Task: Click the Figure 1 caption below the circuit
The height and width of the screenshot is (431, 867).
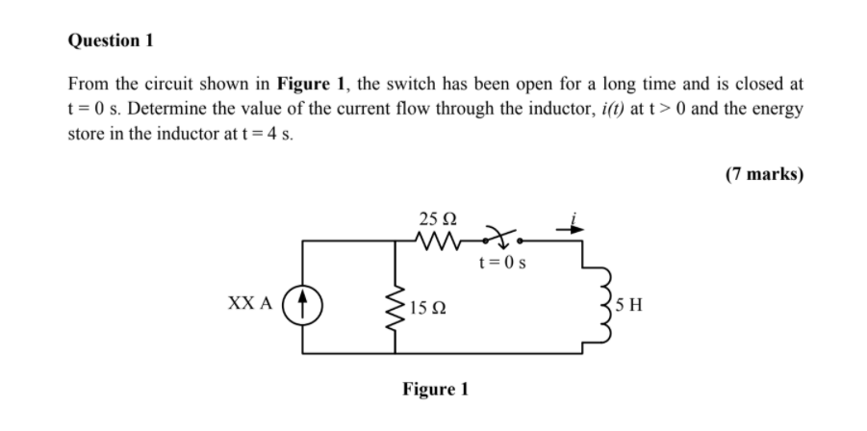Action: coord(435,390)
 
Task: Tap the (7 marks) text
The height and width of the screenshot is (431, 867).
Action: coord(765,174)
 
